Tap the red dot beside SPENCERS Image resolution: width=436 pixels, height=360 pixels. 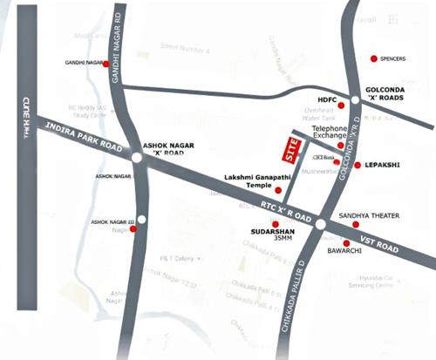click(374, 58)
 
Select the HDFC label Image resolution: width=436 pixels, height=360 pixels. click(324, 98)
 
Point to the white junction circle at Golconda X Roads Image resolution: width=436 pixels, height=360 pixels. click(355, 99)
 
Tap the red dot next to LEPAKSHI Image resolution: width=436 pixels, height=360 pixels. click(358, 165)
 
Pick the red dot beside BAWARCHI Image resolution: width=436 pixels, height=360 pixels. click(346, 243)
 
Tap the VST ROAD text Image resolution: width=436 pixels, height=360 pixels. click(378, 248)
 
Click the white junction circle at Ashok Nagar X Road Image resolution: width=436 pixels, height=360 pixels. click(137, 158)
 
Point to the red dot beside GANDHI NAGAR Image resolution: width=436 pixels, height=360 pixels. click(106, 64)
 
